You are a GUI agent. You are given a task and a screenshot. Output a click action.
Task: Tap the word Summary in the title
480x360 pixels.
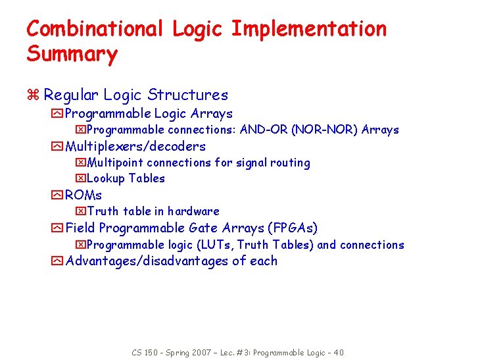point(72,54)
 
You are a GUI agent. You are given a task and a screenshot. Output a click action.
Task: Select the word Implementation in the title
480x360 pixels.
point(308,30)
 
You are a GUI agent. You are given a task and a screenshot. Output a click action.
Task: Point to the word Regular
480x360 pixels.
point(70,96)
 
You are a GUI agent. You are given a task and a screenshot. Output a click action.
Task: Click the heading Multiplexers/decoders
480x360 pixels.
point(135,146)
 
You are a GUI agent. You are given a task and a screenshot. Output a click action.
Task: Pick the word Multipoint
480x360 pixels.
point(115,163)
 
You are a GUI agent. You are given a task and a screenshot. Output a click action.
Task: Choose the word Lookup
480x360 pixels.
point(106,178)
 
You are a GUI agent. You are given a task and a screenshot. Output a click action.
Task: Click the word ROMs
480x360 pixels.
point(84,195)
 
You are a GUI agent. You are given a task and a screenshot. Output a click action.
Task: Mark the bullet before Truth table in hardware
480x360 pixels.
point(80,211)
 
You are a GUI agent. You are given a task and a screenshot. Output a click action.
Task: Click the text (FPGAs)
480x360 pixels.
point(293,228)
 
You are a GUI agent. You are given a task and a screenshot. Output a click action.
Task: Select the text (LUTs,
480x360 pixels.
point(214,245)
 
